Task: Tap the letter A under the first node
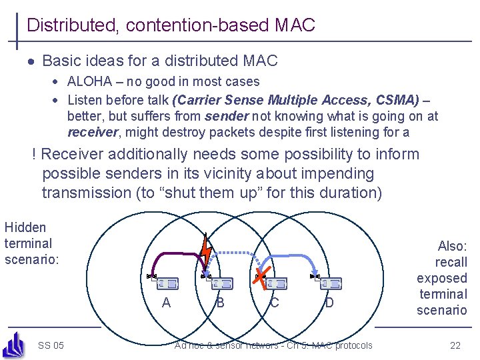[166, 303]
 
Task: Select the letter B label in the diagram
[220, 303]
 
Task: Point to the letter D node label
[329, 303]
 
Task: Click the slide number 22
[455, 345]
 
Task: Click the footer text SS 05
[51, 345]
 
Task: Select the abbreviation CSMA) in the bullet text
[398, 100]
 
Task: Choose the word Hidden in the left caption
[25, 227]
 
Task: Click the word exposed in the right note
[441, 278]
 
